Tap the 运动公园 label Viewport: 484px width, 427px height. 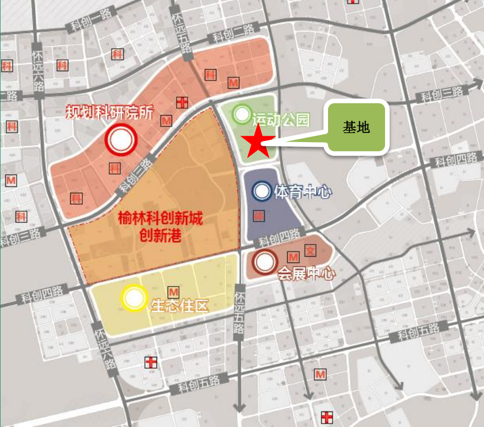point(281,120)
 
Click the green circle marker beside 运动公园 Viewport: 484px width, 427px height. point(241,114)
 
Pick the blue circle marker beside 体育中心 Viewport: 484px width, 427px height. point(262,191)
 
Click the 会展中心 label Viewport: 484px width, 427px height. point(306,274)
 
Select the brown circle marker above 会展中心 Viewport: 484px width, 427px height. point(265,262)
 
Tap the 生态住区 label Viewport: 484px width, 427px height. point(178,305)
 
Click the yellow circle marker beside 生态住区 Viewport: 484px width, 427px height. point(134,298)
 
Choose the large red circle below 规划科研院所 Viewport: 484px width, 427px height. point(120,140)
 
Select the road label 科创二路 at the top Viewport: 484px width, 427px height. point(233,35)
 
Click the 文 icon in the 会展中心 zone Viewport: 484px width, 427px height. point(310,251)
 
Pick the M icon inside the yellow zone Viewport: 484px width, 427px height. point(172,292)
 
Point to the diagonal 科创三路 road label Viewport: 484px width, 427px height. point(136,176)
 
